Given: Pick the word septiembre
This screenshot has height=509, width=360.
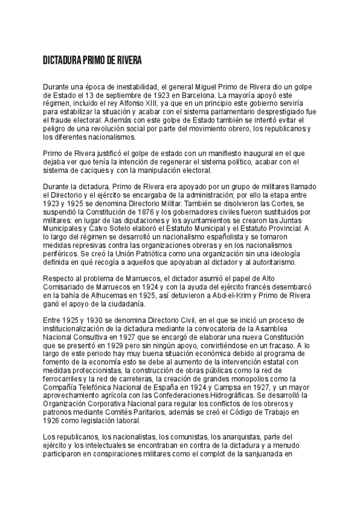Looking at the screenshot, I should click(x=114, y=95).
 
